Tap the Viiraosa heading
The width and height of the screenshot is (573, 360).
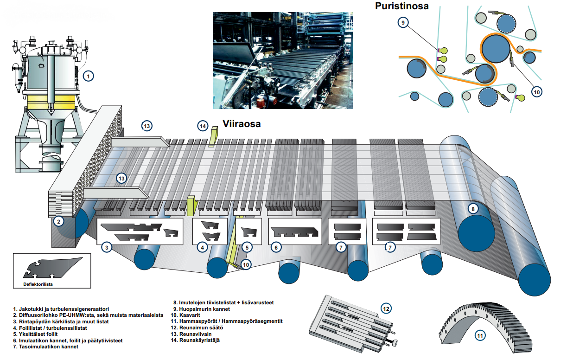(x=242, y=124)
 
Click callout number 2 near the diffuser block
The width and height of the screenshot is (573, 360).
(x=58, y=221)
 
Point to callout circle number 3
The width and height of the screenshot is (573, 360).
(x=107, y=248)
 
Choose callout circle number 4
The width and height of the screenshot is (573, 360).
(x=202, y=248)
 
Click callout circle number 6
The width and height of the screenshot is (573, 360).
(x=276, y=248)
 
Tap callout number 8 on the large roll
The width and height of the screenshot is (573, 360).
(x=472, y=209)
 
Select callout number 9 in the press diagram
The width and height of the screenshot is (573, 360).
(x=403, y=22)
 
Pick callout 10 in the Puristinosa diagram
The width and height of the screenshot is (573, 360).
(x=536, y=92)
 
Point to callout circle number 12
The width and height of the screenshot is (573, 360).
(x=386, y=309)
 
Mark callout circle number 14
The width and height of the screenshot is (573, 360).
(x=202, y=126)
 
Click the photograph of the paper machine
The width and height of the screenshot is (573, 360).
(x=282, y=61)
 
